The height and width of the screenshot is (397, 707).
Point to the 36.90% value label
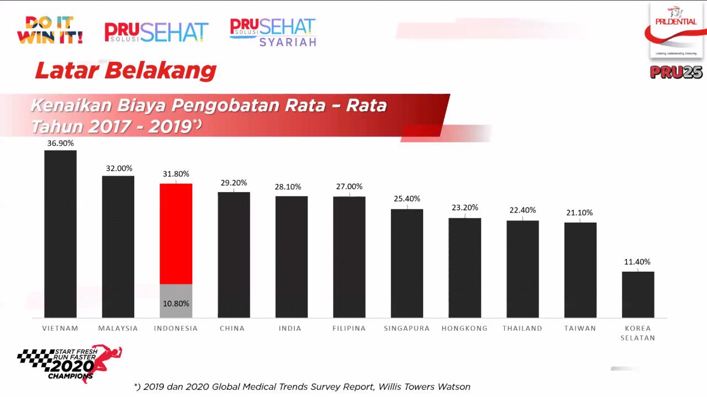[x=60, y=143]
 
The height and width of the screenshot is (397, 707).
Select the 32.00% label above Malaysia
[x=119, y=168]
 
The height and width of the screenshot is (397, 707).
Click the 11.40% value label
[x=637, y=262]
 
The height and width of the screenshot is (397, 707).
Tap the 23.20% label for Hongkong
[x=464, y=208]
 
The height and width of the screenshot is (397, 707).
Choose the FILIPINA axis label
[x=349, y=328]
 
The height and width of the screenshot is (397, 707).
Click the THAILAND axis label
[x=522, y=328]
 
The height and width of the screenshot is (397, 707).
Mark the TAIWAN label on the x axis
[x=580, y=328]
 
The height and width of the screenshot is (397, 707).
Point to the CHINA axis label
[x=232, y=328]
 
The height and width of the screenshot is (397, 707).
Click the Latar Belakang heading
[x=125, y=71]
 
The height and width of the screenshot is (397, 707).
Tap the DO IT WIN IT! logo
[x=50, y=30]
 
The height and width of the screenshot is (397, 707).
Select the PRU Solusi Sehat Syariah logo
[x=273, y=32]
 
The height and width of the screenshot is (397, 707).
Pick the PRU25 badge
[x=676, y=72]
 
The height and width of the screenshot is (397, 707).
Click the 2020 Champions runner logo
[x=70, y=364]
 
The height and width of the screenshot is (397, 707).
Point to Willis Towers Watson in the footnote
[x=424, y=387]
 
